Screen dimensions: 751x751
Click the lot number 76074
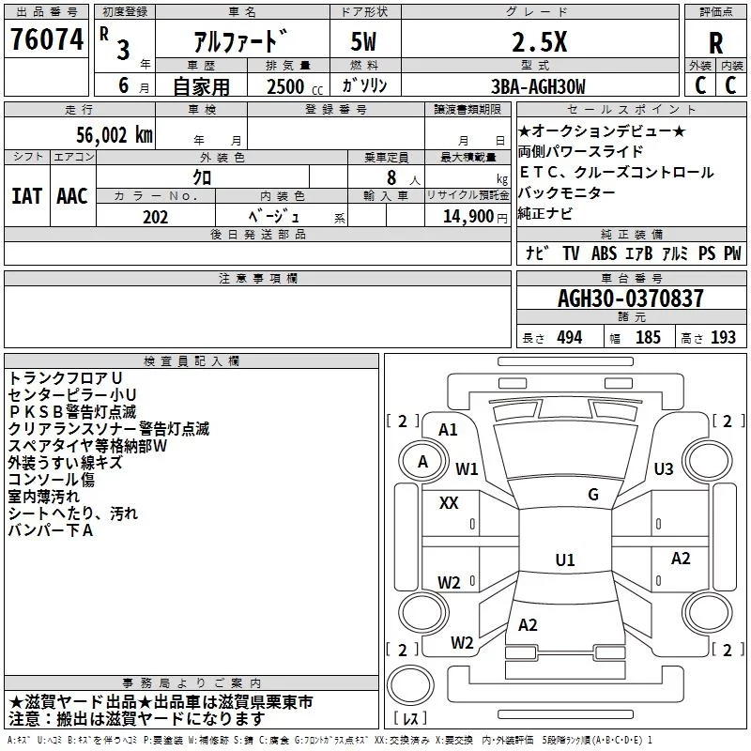[47, 40]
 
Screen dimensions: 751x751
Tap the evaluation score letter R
[715, 42]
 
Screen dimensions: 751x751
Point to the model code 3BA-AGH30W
[538, 87]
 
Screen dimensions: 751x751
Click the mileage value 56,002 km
[109, 134]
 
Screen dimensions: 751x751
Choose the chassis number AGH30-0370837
[630, 299]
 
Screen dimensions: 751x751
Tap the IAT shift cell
[26, 195]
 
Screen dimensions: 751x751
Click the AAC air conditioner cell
[72, 195]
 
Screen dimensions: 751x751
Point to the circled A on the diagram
[422, 461]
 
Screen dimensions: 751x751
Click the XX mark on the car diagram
[449, 503]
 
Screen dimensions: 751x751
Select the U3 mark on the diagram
[664, 468]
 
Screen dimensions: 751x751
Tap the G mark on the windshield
[593, 495]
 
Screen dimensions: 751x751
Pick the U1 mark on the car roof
[564, 560]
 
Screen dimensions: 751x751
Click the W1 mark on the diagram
[467, 468]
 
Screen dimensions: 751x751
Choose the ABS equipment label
[604, 253]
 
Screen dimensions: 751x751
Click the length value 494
[569, 338]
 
